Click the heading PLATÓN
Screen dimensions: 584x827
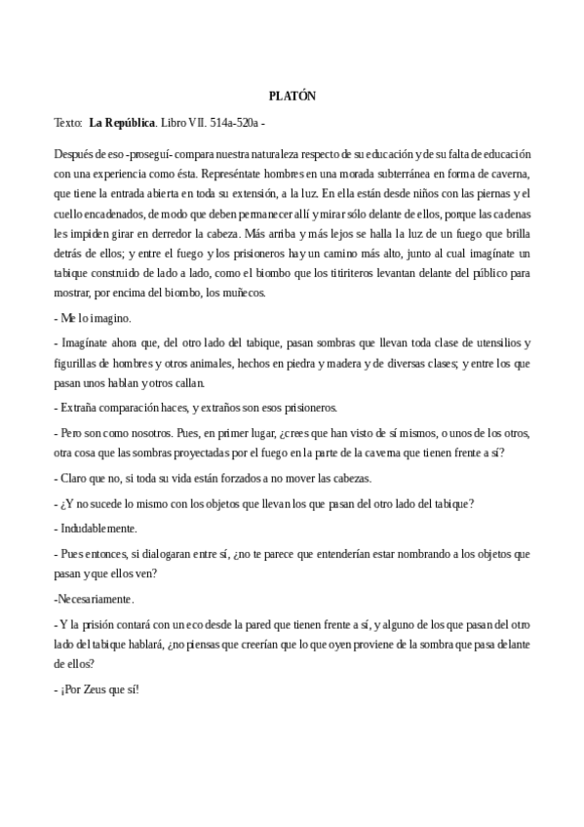tap(292, 95)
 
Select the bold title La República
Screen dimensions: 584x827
tap(122, 124)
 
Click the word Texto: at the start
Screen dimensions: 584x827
tap(68, 124)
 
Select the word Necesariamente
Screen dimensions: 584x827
tap(95, 598)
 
